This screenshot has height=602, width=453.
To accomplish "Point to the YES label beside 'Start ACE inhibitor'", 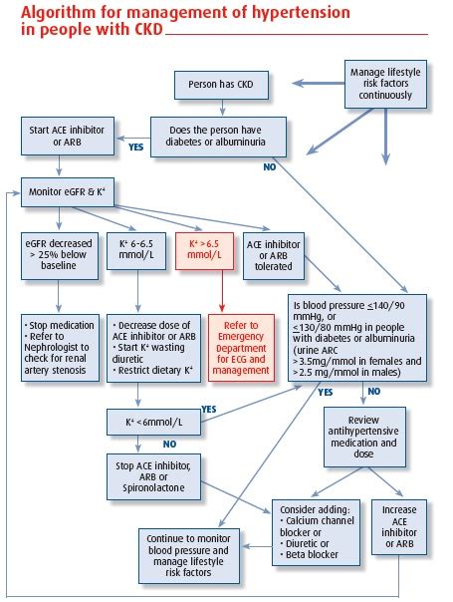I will pos(136,148).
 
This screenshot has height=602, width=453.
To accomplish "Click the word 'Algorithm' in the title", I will pos(48,13).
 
